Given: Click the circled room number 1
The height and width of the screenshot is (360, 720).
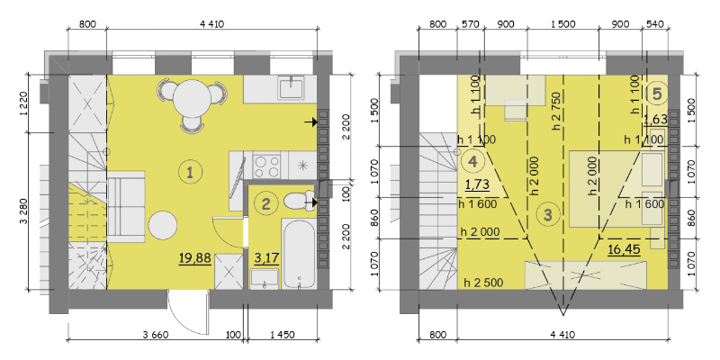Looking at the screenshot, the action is [x=189, y=172].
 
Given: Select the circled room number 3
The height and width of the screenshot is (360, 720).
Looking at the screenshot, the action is [x=548, y=214].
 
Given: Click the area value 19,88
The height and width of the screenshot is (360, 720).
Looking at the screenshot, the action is [x=195, y=258].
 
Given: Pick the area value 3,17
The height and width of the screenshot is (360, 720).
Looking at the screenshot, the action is [x=265, y=258].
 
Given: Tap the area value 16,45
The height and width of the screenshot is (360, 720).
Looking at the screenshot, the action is [x=624, y=249].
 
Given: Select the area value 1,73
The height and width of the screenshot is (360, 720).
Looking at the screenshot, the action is [x=477, y=184].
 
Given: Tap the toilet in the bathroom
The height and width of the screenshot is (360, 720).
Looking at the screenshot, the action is [x=299, y=201].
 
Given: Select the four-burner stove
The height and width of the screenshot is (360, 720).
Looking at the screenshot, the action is [x=267, y=166].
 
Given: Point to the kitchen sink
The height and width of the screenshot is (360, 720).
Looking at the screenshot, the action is [x=291, y=87].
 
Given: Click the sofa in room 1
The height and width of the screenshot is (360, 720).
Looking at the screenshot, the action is [x=126, y=207].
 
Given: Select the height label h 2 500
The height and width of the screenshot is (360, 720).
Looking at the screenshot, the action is [x=483, y=282].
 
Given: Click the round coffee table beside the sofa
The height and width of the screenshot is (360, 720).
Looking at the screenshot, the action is [x=163, y=225].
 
